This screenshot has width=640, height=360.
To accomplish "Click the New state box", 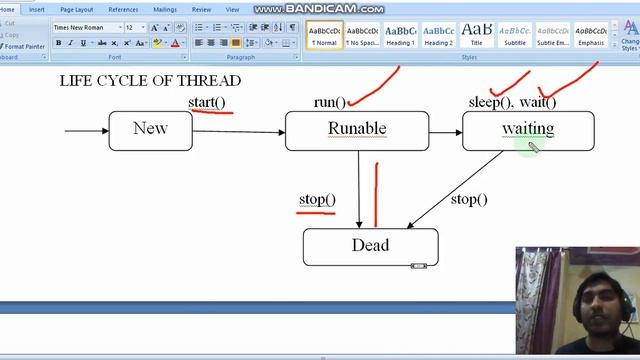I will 150,130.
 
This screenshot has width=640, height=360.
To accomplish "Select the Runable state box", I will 356,130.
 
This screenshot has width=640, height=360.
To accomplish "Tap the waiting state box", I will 527,130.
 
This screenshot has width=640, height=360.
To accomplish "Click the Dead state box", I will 370,246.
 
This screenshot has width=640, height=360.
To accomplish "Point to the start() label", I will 207,102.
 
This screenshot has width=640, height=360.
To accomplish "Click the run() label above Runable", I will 329,102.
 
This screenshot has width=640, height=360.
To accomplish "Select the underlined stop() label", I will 317,200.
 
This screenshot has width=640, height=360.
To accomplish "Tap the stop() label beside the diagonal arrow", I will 469,200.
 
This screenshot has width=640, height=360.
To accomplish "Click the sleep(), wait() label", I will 512,102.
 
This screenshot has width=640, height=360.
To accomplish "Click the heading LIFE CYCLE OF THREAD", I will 150,80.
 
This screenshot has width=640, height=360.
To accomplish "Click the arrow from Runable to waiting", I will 445,132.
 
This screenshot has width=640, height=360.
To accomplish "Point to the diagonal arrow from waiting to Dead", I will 455,190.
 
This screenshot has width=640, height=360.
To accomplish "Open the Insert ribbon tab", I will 37,9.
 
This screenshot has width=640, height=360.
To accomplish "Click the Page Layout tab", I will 77,9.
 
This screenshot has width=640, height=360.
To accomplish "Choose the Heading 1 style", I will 401,36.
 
